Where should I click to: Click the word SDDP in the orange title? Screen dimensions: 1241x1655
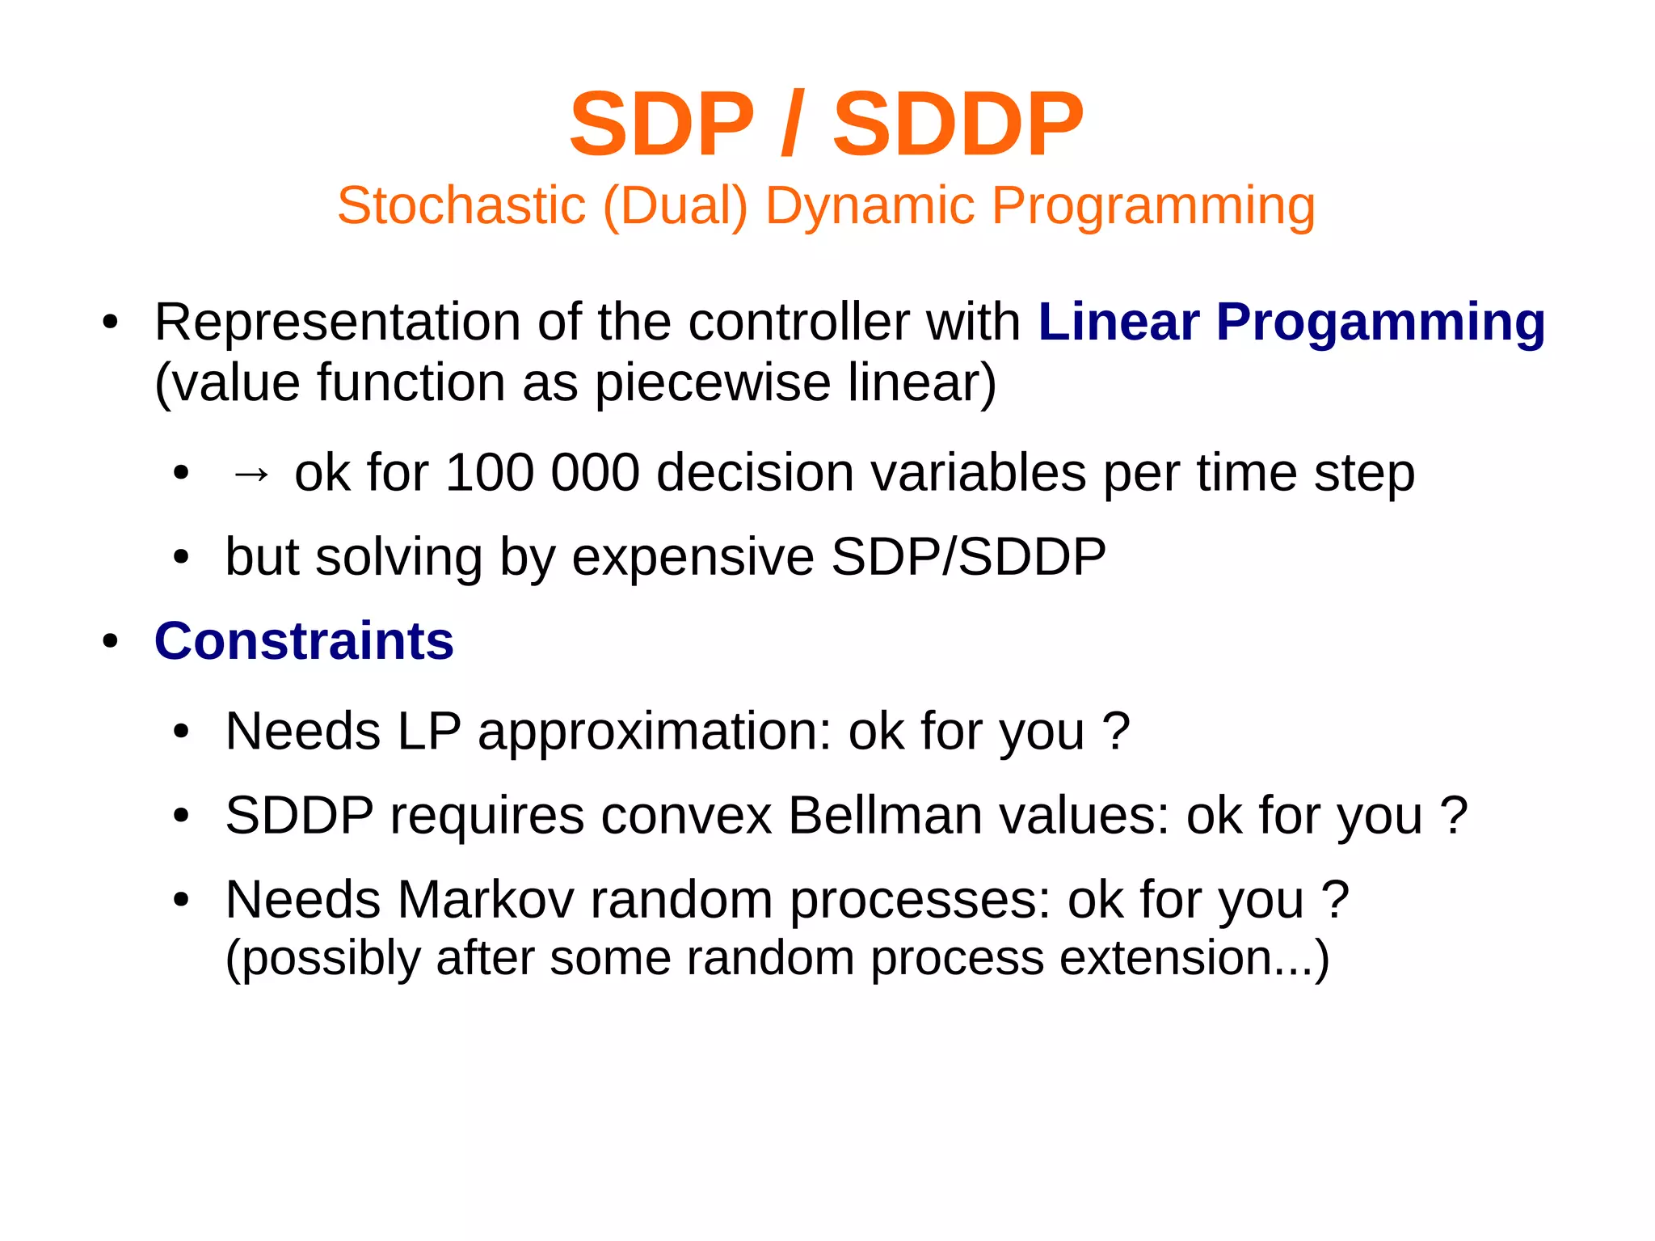point(958,125)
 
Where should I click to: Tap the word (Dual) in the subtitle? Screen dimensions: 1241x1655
point(676,205)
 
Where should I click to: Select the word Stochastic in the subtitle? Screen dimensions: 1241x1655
point(461,205)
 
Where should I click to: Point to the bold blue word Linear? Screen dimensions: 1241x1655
point(1118,322)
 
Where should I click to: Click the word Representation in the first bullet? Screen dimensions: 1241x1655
point(337,323)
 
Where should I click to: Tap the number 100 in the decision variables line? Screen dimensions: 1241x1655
point(490,472)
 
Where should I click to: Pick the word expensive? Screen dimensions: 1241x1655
point(693,557)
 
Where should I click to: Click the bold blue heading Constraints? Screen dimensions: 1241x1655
point(304,641)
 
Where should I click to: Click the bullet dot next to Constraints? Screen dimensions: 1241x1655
point(111,642)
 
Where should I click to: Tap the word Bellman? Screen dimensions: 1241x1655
point(885,815)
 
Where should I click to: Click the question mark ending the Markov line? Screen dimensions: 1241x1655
point(1334,899)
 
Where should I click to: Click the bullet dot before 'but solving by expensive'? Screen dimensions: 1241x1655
point(181,558)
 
